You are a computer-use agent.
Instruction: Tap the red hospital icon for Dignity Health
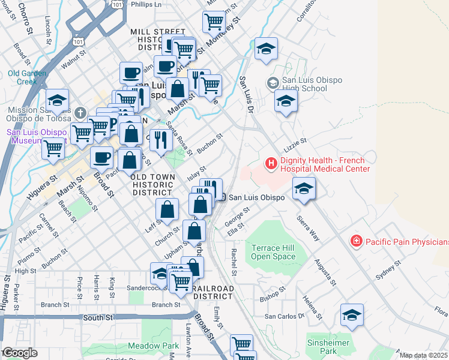(x=271, y=163)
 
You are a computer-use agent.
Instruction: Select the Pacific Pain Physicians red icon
(x=357, y=241)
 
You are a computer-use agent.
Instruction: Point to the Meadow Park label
(x=153, y=346)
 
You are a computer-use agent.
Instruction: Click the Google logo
(x=20, y=353)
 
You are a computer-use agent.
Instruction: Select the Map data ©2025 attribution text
(x=423, y=355)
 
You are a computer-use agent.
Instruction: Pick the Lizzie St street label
(x=295, y=142)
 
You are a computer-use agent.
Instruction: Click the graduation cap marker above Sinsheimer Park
(x=352, y=314)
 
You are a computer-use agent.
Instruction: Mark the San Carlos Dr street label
(x=285, y=316)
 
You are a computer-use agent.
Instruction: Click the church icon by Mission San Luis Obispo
(x=81, y=112)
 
